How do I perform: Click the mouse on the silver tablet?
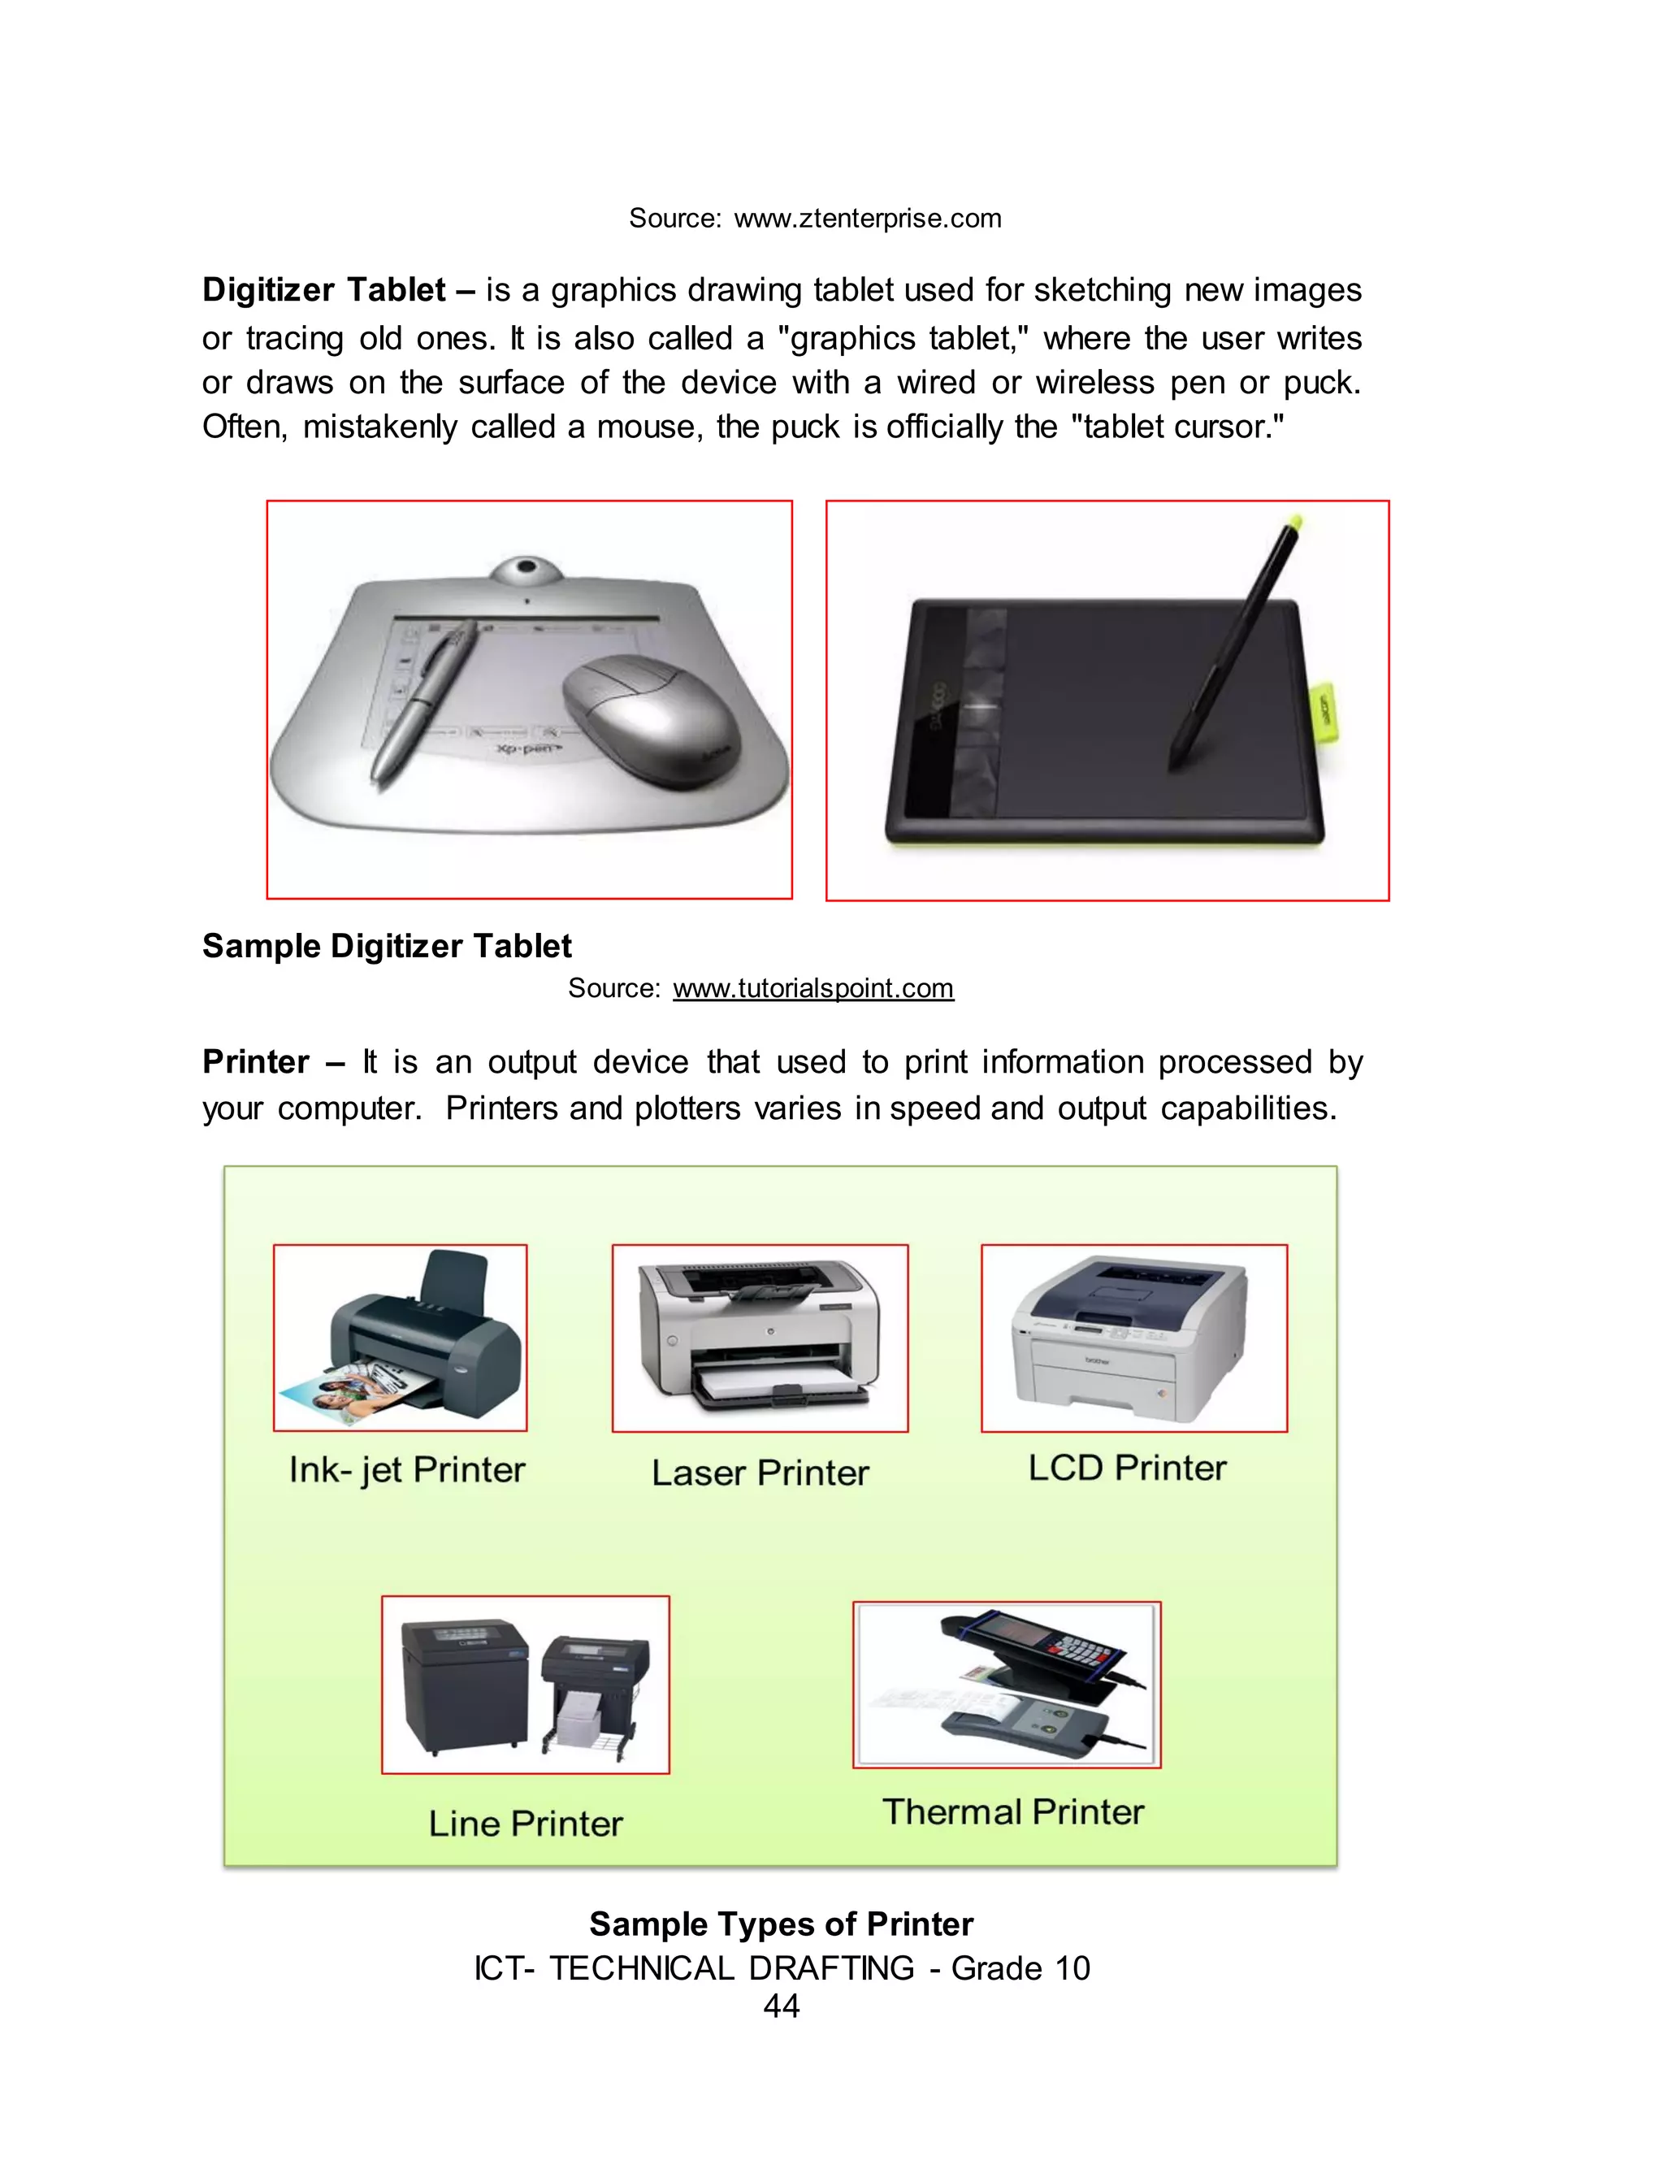tap(648, 718)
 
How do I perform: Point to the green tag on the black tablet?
tap(1324, 711)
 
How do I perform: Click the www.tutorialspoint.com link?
tap(812, 988)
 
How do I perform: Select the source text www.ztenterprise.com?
tap(867, 219)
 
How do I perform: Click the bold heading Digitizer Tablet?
tap(324, 290)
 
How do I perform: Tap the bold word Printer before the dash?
tap(256, 1061)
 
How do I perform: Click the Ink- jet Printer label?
tap(406, 1470)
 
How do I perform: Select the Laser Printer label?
tap(760, 1473)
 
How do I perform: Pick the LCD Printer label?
tap(1127, 1468)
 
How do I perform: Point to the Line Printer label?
tap(525, 1824)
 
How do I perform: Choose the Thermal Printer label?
tap(1012, 1811)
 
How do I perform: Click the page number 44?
tap(781, 2006)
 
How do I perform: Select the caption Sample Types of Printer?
tap(781, 1924)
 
